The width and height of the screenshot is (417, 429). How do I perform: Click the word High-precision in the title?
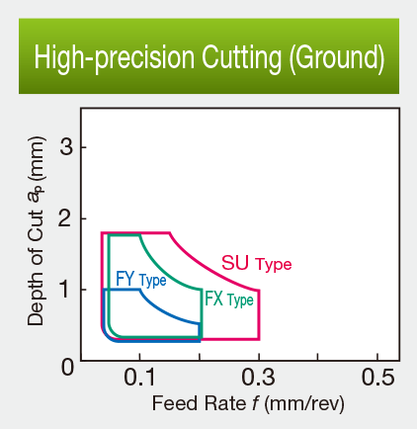tap(103, 57)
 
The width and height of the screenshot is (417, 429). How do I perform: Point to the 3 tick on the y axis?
tap(68, 147)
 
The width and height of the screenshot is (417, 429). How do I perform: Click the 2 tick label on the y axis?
tap(68, 218)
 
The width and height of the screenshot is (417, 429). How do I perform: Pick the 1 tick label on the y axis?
tap(68, 290)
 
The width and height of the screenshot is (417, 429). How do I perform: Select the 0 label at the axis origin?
tap(68, 367)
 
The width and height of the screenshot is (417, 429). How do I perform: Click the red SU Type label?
tap(256, 264)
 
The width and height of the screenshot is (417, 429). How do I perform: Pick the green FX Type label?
tap(228, 300)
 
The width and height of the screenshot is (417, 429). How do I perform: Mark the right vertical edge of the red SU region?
tap(259, 316)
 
